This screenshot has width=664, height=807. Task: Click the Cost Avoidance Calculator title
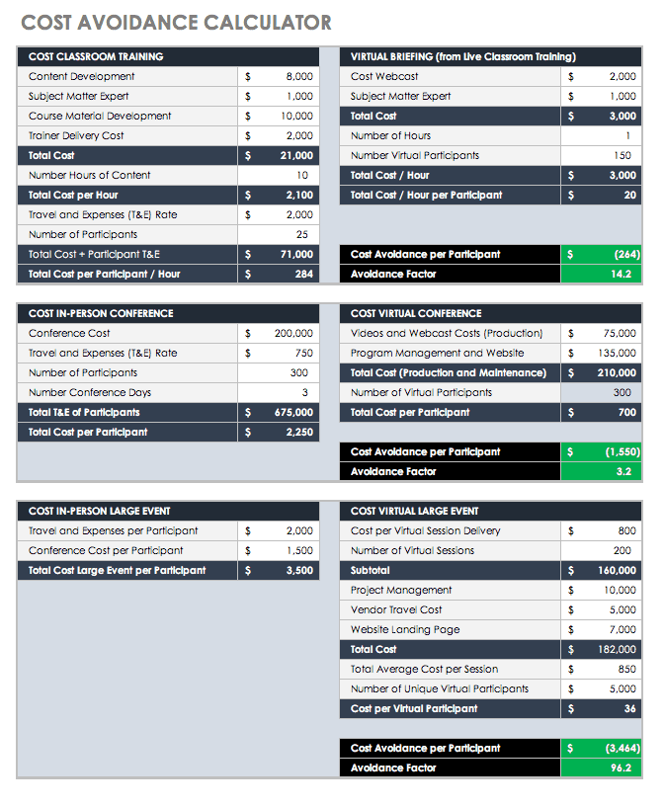click(176, 23)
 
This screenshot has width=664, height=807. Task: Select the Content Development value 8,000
click(298, 76)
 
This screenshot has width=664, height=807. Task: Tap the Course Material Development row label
click(100, 116)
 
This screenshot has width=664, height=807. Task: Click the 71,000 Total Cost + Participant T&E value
click(294, 254)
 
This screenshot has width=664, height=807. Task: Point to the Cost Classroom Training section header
click(96, 56)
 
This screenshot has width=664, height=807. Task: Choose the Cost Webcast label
click(384, 76)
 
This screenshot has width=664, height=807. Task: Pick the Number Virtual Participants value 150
click(622, 155)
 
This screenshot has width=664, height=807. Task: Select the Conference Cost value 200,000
click(293, 333)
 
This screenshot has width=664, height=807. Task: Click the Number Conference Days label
click(89, 392)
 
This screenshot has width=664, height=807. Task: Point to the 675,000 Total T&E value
click(292, 412)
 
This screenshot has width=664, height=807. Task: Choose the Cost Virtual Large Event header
click(414, 511)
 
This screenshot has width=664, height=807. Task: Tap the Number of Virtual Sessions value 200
click(622, 550)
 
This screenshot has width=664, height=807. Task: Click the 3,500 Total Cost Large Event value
click(298, 570)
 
